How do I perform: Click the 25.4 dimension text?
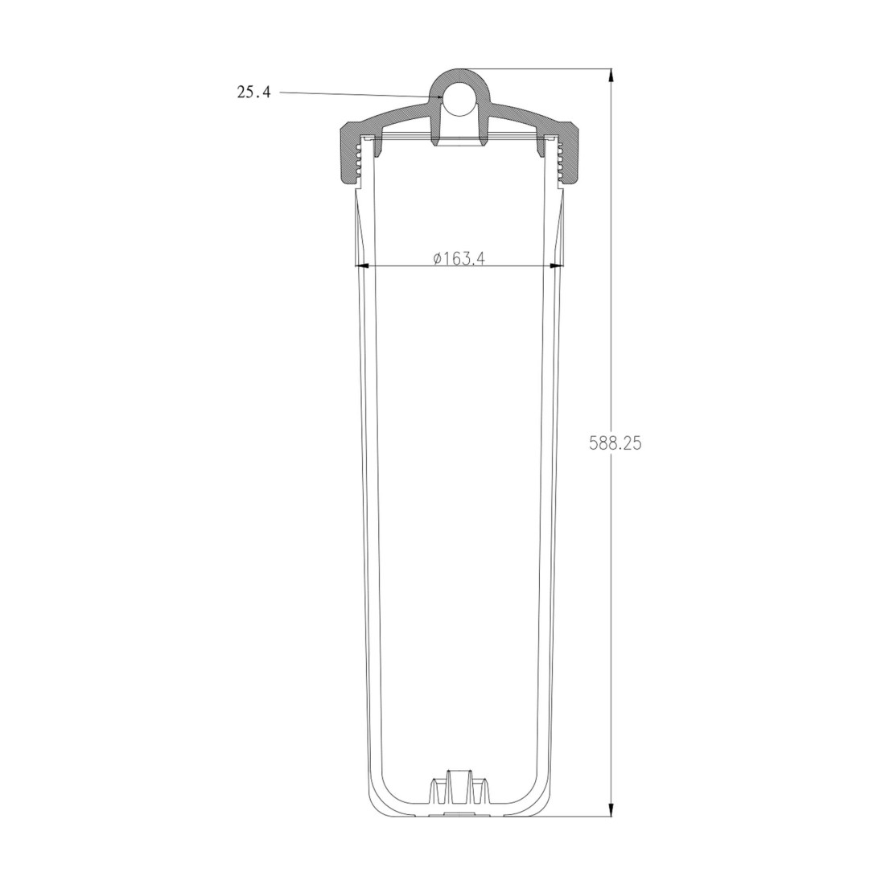(x=253, y=92)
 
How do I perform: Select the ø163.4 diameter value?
(x=459, y=258)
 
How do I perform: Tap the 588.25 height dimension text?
(x=615, y=443)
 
